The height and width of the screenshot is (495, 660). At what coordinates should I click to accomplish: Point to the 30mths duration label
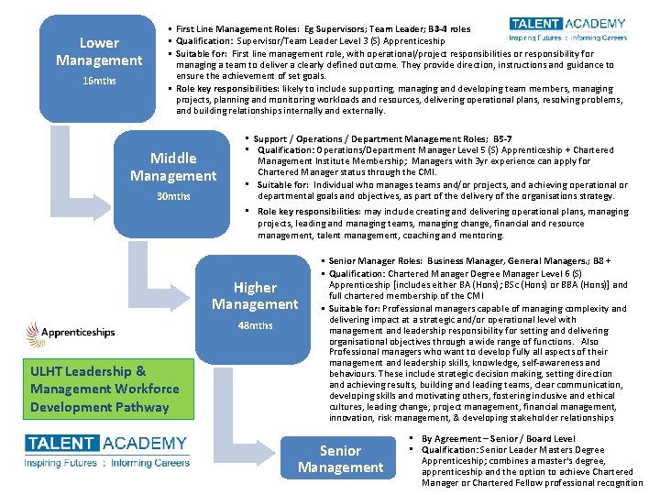point(173,196)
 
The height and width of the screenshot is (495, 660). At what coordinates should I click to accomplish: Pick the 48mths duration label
point(255,325)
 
